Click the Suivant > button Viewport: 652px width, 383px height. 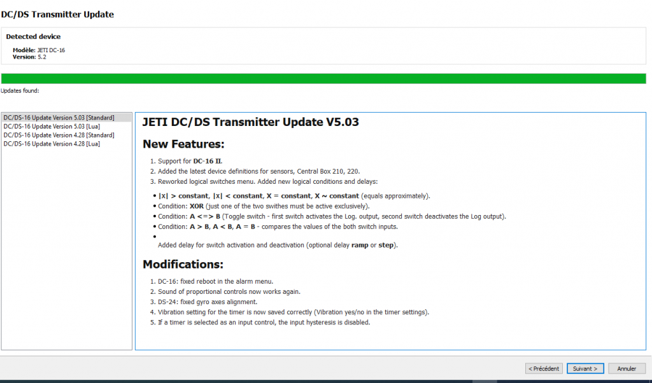[585, 368]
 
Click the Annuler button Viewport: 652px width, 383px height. [627, 368]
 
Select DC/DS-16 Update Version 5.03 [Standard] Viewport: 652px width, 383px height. [59, 118]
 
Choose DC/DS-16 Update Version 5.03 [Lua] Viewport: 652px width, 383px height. [52, 127]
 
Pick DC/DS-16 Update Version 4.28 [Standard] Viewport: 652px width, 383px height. [59, 136]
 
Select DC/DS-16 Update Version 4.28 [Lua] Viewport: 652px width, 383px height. [52, 144]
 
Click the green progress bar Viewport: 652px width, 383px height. [323, 78]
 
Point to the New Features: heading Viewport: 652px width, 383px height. [183, 144]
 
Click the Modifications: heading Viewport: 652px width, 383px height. [183, 265]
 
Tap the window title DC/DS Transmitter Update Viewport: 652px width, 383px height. [57, 15]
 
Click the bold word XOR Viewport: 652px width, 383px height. [197, 206]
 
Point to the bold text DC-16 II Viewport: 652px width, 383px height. [208, 161]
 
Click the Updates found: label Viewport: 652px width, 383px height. [20, 91]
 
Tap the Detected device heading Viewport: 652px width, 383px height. [33, 36]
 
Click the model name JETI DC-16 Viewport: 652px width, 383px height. [51, 50]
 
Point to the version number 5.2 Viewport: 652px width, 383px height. [42, 57]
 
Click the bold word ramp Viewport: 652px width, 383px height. [360, 246]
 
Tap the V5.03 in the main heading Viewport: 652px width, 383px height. [342, 122]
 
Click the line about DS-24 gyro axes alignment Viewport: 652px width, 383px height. [208, 302]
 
